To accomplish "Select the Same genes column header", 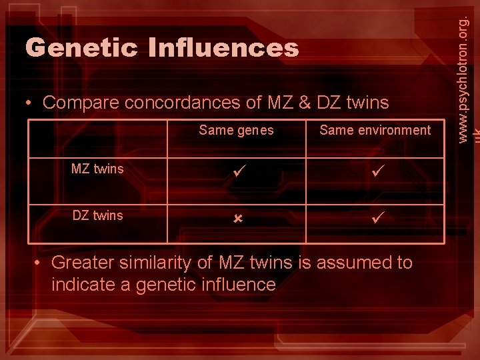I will click(x=236, y=130).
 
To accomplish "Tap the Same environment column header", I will click(x=375, y=130).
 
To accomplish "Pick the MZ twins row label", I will click(x=97, y=169).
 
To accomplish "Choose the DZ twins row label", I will click(x=97, y=215).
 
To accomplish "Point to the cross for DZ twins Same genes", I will click(x=236, y=218).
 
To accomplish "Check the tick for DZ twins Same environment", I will click(x=375, y=217).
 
